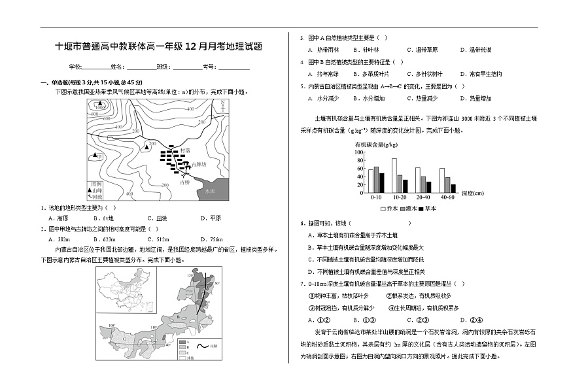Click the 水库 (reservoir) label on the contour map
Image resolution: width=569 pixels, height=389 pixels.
(x=209, y=192)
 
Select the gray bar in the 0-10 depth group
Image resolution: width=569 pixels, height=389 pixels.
(x=376, y=178)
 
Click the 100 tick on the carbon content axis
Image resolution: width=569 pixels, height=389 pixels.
(x=358, y=152)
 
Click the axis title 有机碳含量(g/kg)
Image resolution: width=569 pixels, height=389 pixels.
(x=377, y=144)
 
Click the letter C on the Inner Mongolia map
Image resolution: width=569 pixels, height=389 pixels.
(x=124, y=340)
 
